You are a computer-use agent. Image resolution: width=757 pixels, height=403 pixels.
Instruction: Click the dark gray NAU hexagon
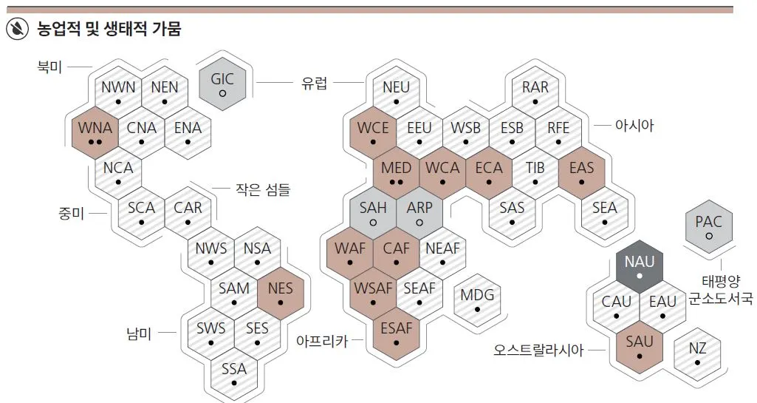point(640,268)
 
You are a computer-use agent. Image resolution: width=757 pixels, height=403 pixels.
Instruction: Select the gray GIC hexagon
point(222,85)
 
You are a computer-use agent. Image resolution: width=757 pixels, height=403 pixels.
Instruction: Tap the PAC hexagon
point(708,228)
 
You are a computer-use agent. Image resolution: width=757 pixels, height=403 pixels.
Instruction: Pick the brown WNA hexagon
point(95,134)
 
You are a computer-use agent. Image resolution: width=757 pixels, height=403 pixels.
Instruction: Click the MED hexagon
point(397,174)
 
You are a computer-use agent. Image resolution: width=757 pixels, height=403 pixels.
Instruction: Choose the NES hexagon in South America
point(281,294)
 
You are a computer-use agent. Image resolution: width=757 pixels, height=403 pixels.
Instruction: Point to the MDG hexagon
point(477,302)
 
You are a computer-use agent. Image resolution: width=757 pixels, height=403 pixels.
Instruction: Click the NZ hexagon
point(697,353)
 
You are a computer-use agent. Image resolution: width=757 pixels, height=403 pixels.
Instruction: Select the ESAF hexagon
point(397,334)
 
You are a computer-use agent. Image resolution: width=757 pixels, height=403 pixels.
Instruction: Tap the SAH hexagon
point(373,214)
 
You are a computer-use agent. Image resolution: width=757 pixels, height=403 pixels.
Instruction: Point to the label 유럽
point(314,84)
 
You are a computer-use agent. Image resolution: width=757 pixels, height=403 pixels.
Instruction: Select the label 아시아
point(634,126)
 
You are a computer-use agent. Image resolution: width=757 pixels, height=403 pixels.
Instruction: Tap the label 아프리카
point(321,341)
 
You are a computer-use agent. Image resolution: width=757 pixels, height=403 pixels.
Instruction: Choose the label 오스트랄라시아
point(538,350)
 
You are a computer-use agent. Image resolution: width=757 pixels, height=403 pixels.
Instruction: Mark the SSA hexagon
point(234,374)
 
